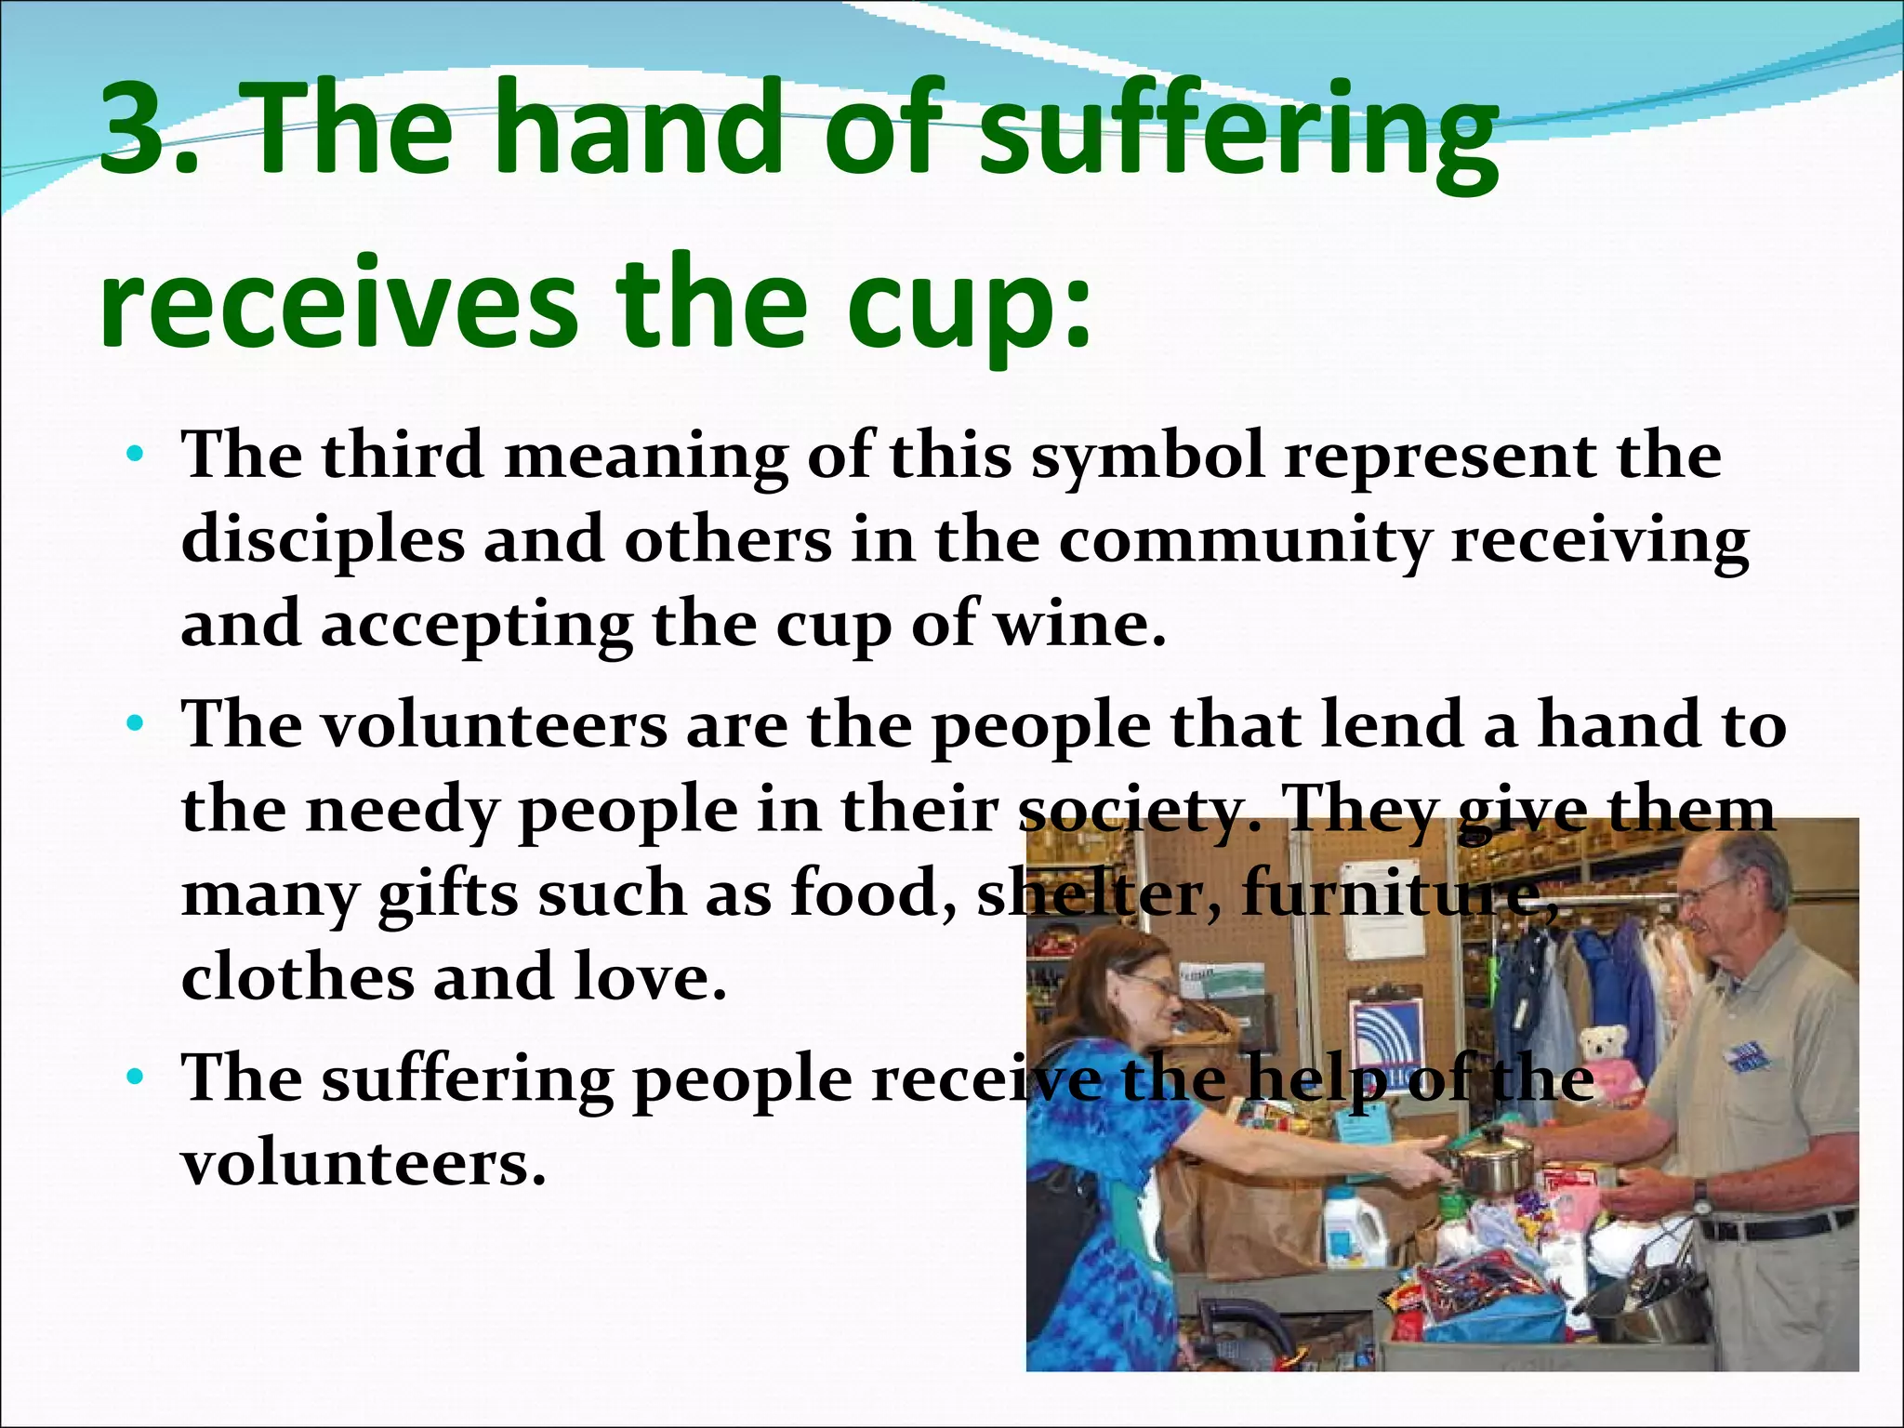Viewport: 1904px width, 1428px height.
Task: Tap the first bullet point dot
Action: tap(136, 456)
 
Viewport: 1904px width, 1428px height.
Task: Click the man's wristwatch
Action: tap(1699, 1191)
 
